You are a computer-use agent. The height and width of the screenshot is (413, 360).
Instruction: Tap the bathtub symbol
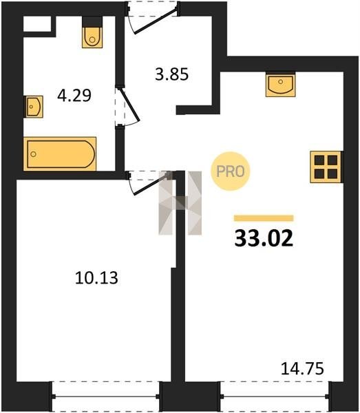(60, 154)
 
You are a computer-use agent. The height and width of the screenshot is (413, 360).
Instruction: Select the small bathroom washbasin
(34, 107)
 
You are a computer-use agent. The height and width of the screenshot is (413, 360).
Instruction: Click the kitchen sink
(280, 84)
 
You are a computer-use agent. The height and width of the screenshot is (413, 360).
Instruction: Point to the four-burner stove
(326, 167)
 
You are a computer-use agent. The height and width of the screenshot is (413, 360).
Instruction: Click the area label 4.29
(74, 96)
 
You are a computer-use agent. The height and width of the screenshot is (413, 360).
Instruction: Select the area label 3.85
(171, 74)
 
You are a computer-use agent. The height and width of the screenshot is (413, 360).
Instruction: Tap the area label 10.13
(96, 278)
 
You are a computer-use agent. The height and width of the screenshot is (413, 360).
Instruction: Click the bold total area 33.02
(264, 238)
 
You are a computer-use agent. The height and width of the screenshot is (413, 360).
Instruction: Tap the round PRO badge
(230, 171)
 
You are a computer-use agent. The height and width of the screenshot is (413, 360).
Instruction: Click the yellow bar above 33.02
(264, 218)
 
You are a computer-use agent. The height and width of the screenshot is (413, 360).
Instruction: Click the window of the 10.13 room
(105, 396)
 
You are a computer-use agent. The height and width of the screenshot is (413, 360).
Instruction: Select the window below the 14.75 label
(275, 396)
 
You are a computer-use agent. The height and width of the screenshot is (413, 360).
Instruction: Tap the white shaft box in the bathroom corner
(37, 24)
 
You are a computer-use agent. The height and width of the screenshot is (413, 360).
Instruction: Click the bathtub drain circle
(33, 154)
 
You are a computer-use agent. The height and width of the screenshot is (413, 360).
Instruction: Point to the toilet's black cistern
(92, 21)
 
